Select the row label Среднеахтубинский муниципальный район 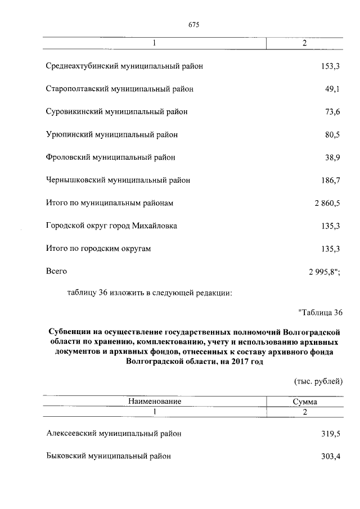124,66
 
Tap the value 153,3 330,66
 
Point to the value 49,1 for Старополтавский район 332,89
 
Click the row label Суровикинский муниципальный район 116,112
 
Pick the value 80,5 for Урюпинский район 332,135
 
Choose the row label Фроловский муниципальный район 110,157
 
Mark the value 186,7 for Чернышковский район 330,181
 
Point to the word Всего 56,272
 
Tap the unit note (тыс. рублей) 318,381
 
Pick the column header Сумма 304,402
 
